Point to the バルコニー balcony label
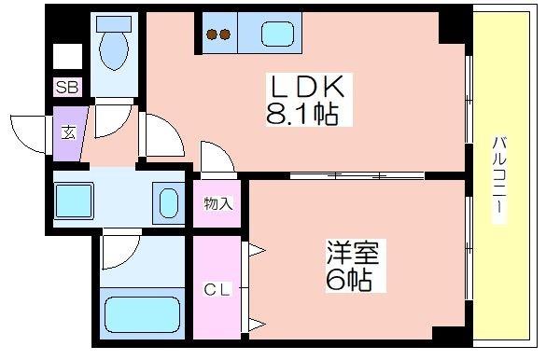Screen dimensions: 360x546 (x=500, y=177)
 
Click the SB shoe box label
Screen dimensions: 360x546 (x=67, y=89)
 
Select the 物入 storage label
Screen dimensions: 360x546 (x=217, y=203)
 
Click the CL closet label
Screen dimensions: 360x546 (x=217, y=289)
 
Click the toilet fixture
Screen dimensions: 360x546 (x=115, y=44)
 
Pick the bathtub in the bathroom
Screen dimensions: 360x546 (x=141, y=314)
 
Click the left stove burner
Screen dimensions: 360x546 (x=211, y=35)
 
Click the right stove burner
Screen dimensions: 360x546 (x=225, y=35)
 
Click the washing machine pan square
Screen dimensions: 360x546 (x=73, y=200)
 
